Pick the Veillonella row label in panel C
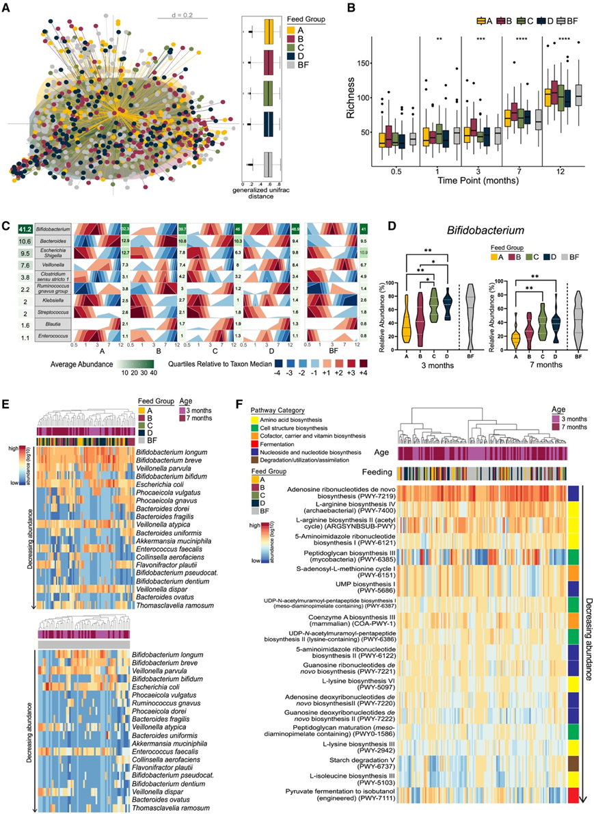tap(55, 265)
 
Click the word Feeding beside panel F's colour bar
tap(377, 472)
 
